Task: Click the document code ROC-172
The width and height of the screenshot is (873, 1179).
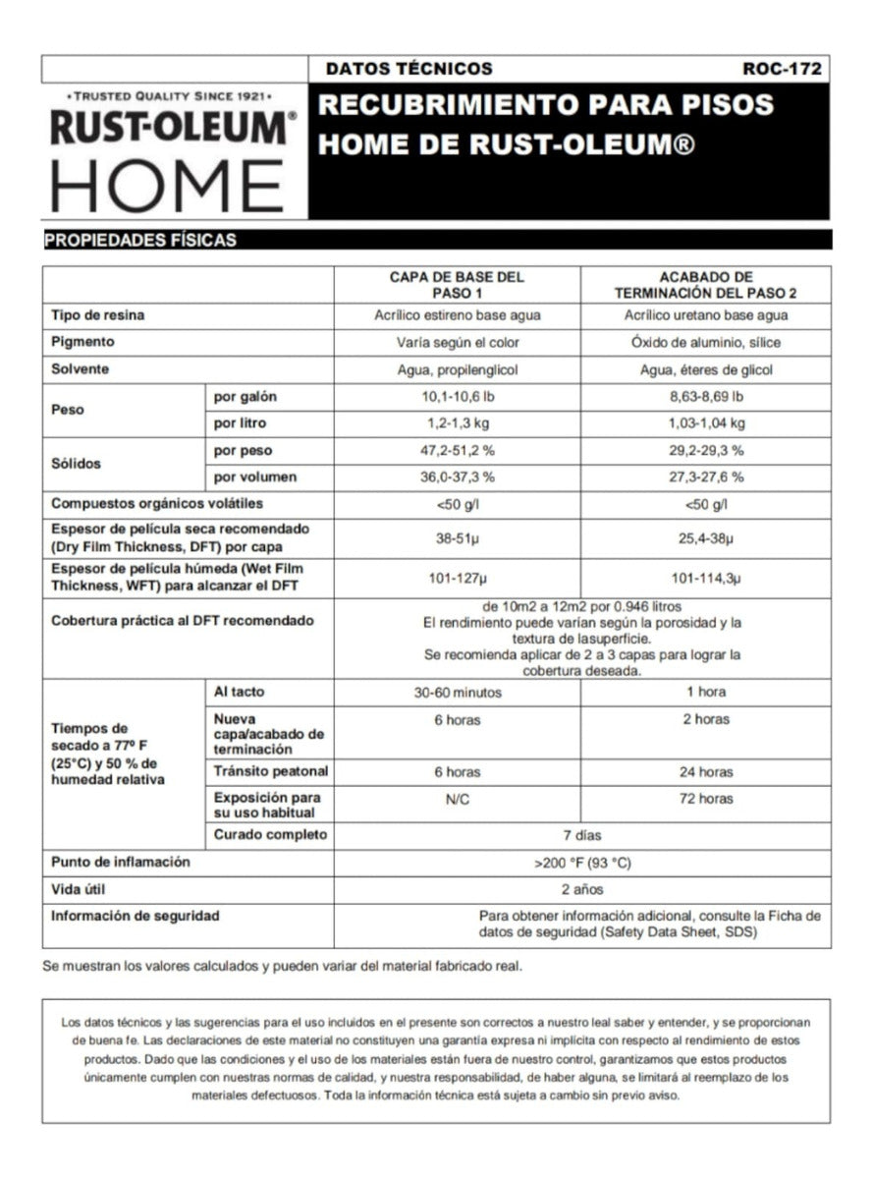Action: click(782, 69)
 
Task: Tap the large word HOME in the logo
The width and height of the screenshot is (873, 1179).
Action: click(167, 186)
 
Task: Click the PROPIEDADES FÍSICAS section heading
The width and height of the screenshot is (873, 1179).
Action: click(139, 240)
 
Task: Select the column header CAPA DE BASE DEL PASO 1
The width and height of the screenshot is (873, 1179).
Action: click(457, 285)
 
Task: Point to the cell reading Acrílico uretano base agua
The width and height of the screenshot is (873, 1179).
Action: click(705, 315)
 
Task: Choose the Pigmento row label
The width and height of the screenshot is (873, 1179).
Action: click(82, 342)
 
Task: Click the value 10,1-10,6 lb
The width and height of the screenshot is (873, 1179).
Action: click(457, 397)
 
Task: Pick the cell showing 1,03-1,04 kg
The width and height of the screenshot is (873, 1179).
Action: click(705, 423)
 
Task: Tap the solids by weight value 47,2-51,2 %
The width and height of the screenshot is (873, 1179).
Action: click(457, 451)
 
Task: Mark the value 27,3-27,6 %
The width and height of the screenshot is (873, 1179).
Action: click(705, 477)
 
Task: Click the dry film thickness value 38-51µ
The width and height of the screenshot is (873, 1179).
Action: click(457, 538)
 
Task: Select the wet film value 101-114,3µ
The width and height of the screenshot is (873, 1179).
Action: click(705, 579)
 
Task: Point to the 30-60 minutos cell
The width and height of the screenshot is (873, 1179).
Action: click(457, 693)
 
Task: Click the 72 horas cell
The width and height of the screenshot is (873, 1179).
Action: click(705, 799)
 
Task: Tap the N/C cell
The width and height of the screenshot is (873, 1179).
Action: click(457, 799)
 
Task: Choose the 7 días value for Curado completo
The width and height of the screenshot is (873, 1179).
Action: click(581, 835)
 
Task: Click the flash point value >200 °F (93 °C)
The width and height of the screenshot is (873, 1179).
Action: click(581, 864)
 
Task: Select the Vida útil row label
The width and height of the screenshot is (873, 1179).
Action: click(78, 889)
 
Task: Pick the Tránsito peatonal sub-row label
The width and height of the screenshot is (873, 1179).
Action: click(271, 771)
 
